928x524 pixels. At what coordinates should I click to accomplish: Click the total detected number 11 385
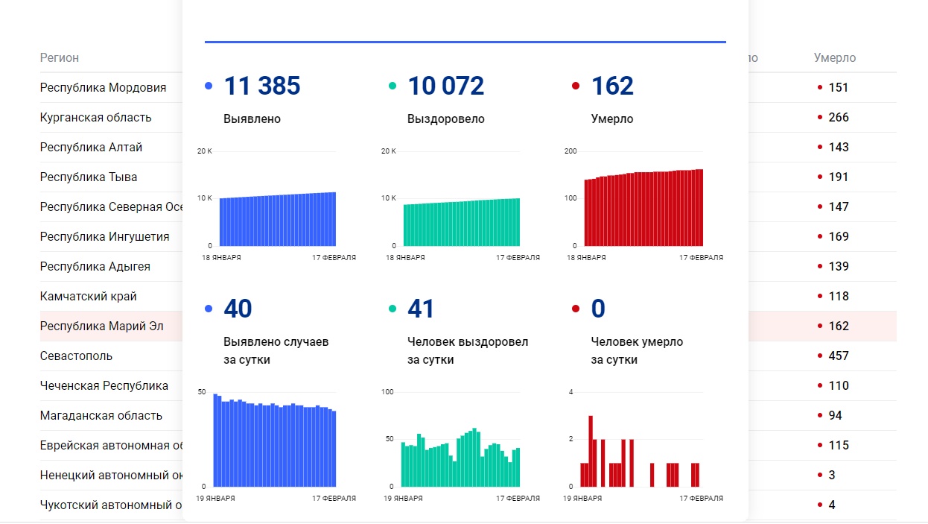click(261, 86)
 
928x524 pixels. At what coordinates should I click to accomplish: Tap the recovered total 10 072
click(445, 86)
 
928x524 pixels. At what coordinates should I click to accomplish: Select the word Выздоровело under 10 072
click(445, 119)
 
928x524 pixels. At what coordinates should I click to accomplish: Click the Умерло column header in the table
click(834, 58)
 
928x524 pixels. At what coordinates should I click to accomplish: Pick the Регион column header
click(60, 58)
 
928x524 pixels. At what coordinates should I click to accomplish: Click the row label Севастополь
click(76, 356)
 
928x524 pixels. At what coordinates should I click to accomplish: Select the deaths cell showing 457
click(839, 356)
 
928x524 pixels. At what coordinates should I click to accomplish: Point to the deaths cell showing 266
click(839, 118)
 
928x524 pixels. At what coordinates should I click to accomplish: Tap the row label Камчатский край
click(88, 297)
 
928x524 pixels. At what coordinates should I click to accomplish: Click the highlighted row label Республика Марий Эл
click(101, 326)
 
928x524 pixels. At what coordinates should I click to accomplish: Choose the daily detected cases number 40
click(238, 309)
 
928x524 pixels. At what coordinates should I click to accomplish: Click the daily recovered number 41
click(421, 309)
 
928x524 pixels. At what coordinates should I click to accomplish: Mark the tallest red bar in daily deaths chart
click(591, 451)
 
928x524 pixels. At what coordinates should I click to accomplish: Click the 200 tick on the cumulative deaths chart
click(571, 151)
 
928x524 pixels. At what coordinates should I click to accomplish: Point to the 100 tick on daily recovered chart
click(387, 392)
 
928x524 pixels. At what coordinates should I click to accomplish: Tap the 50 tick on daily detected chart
click(201, 392)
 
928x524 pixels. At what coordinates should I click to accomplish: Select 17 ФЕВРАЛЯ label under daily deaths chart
click(700, 499)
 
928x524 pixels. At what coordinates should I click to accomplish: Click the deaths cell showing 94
click(835, 416)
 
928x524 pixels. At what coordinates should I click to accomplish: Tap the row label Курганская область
click(95, 118)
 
